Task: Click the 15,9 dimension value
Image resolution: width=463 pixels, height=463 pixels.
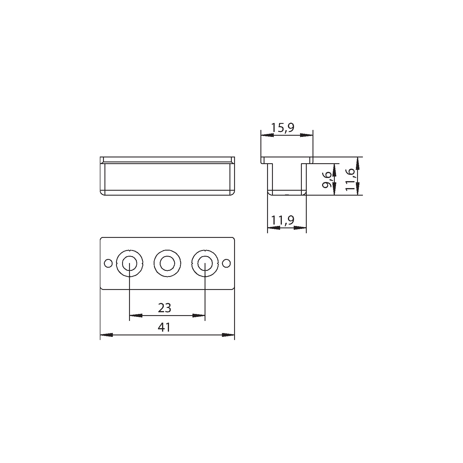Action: click(x=283, y=127)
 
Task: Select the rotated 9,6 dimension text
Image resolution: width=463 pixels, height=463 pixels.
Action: click(x=328, y=179)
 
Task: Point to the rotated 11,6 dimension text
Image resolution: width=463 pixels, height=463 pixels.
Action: click(x=350, y=179)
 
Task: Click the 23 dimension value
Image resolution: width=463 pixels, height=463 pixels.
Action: click(x=165, y=308)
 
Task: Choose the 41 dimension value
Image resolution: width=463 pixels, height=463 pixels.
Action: click(x=164, y=327)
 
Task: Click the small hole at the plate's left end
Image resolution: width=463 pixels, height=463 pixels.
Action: click(x=108, y=263)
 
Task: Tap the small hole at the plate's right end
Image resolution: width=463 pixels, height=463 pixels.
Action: click(x=227, y=263)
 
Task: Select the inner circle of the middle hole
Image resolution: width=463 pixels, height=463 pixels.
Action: click(x=167, y=264)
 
